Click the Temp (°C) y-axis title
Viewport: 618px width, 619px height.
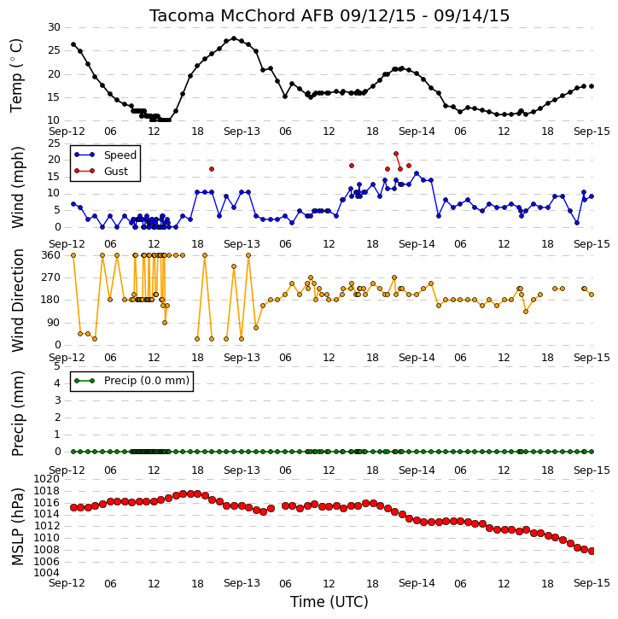pyautogui.click(x=16, y=75)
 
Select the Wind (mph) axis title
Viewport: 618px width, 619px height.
pyautogui.click(x=17, y=187)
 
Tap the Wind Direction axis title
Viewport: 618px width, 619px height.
pyautogui.click(x=17, y=300)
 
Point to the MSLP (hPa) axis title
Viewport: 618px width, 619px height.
pyautogui.click(x=17, y=526)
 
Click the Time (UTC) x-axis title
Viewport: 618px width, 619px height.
pyautogui.click(x=329, y=602)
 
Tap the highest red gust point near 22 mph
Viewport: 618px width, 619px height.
pyautogui.click(x=396, y=154)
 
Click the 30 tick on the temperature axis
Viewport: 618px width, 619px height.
pyautogui.click(x=54, y=27)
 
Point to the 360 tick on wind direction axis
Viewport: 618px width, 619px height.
pyautogui.click(x=51, y=255)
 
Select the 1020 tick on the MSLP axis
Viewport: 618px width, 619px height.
pyautogui.click(x=47, y=479)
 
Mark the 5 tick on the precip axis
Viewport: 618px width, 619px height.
pyautogui.click(x=57, y=366)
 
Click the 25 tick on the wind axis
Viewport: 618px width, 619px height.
pyautogui.click(x=54, y=143)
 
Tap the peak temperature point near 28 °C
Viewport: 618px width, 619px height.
pyautogui.click(x=234, y=38)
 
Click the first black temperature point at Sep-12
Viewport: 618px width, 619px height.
pyautogui.click(x=73, y=44)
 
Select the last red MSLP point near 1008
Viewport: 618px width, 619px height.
pyautogui.click(x=592, y=551)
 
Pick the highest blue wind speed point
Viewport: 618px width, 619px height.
pyautogui.click(x=417, y=173)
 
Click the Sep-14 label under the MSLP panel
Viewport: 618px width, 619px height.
pyautogui.click(x=417, y=583)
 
